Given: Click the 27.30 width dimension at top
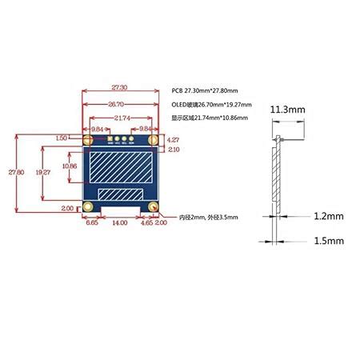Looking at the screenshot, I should (x=118, y=86).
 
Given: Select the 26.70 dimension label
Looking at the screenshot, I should (x=118, y=103).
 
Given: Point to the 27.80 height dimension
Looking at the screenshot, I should (x=10, y=171).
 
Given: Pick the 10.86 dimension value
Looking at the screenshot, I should (x=70, y=166).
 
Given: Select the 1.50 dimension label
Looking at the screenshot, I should (x=62, y=138).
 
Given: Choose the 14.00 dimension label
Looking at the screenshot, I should (x=118, y=224).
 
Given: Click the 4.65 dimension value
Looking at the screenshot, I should (x=146, y=224).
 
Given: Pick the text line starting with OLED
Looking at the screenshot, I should (x=211, y=104).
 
